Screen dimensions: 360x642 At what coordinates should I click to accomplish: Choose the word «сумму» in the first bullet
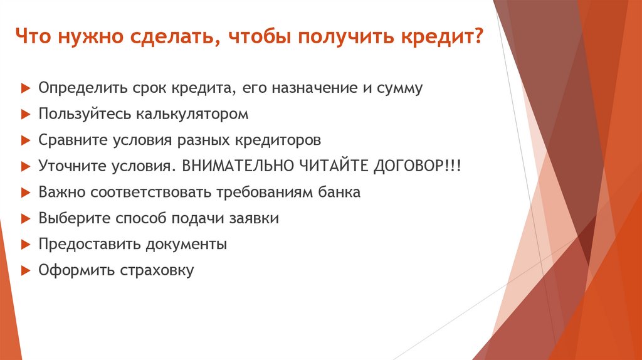pyautogui.click(x=401, y=88)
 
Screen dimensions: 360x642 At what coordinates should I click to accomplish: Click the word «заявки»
pyautogui.click(x=254, y=219)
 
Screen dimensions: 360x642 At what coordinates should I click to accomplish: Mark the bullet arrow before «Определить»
pyautogui.click(x=24, y=88)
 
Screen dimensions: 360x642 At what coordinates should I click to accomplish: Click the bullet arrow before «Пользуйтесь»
pyautogui.click(x=24, y=115)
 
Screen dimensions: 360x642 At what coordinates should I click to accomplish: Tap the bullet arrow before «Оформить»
pyautogui.click(x=24, y=271)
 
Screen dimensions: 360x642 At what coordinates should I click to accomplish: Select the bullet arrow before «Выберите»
pyautogui.click(x=24, y=219)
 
